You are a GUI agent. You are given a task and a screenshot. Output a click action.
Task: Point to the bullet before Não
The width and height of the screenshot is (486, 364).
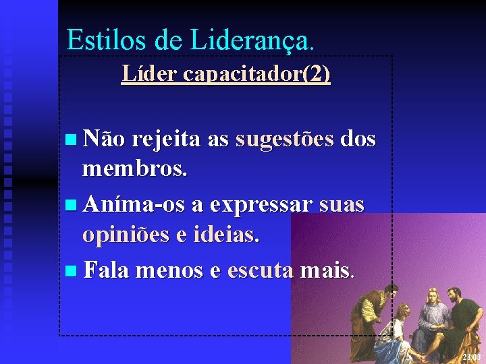(72, 140)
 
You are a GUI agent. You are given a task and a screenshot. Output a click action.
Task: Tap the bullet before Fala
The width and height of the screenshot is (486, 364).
(72, 271)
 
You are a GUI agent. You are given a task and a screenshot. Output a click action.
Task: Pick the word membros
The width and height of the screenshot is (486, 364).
(134, 169)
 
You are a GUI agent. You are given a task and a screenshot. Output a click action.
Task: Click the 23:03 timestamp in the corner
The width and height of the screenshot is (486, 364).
(473, 356)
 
